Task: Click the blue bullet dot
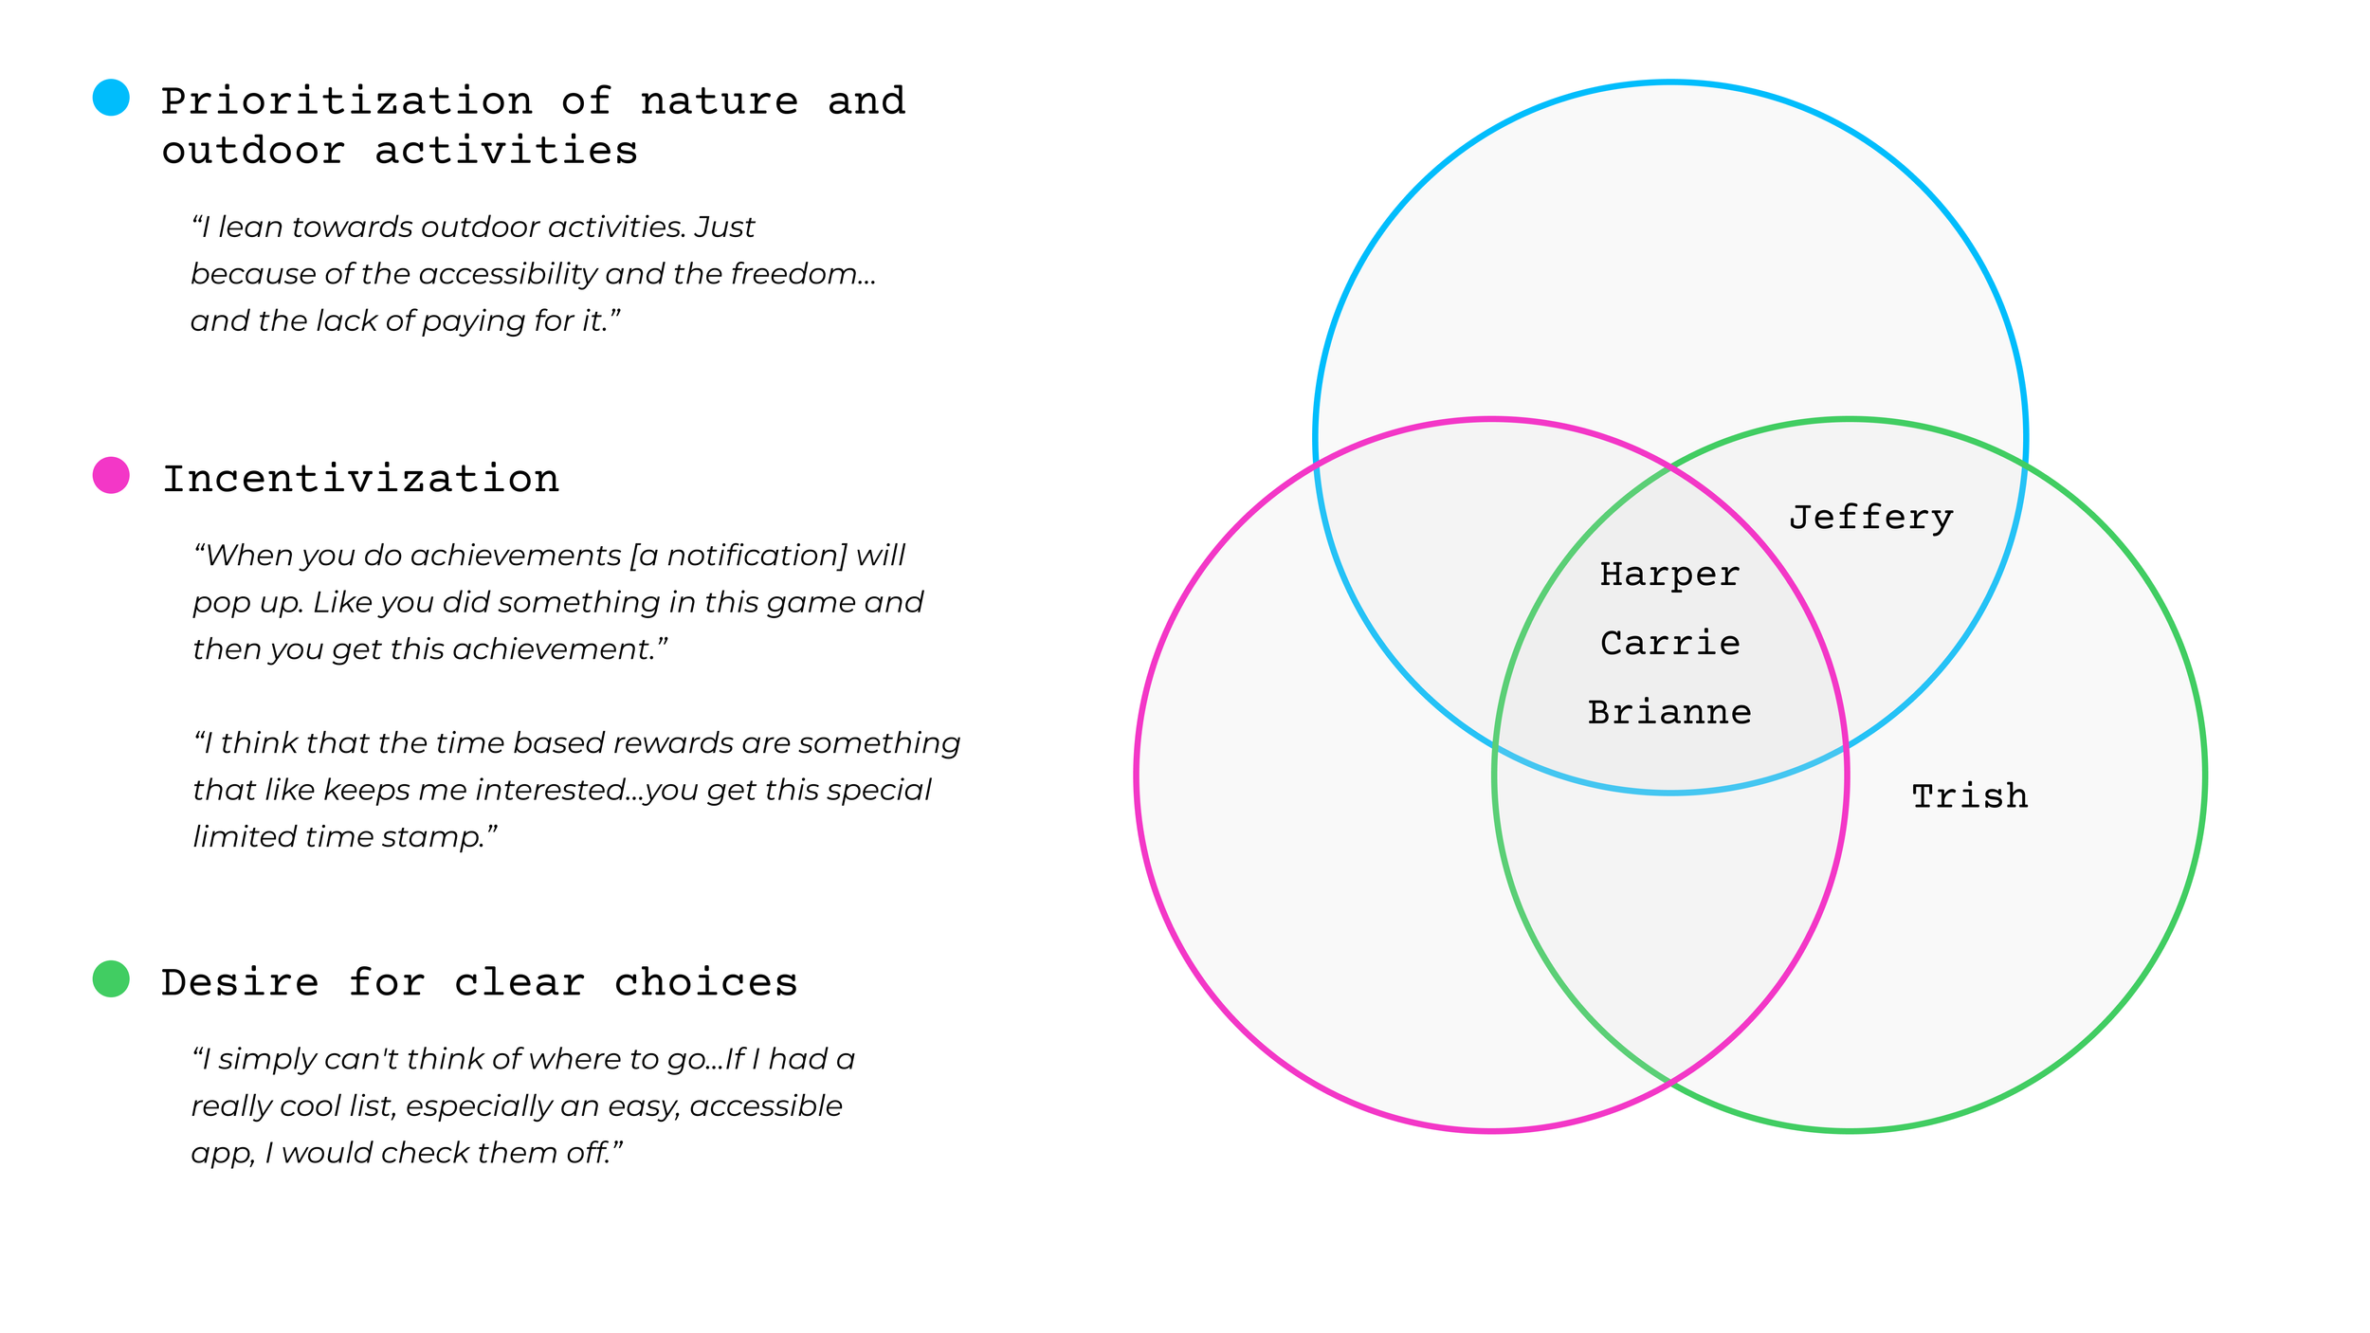click(x=111, y=98)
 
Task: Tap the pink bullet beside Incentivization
click(x=111, y=475)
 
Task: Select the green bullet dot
click(x=111, y=978)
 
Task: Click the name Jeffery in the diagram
click(x=1870, y=518)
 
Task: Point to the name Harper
click(x=1669, y=575)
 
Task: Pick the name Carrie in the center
click(x=1669, y=644)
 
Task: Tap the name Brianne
click(x=1669, y=712)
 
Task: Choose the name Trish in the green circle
click(x=1969, y=796)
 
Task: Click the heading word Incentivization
click(x=360, y=480)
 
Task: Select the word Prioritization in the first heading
click(x=346, y=101)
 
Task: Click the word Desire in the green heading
click(x=240, y=983)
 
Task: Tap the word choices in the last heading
click(x=705, y=983)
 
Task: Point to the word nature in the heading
click(x=719, y=101)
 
